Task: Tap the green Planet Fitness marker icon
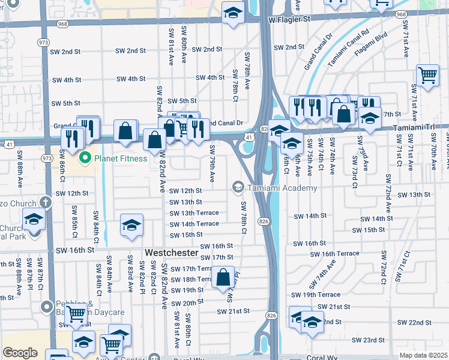pyautogui.click(x=85, y=158)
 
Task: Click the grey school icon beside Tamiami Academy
pyautogui.click(x=238, y=188)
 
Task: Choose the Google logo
pyautogui.click(x=20, y=353)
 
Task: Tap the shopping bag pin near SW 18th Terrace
pyautogui.click(x=223, y=278)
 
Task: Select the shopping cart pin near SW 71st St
pyautogui.click(x=427, y=76)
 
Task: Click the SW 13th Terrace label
pyautogui.click(x=194, y=213)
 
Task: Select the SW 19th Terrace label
pyautogui.click(x=316, y=295)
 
